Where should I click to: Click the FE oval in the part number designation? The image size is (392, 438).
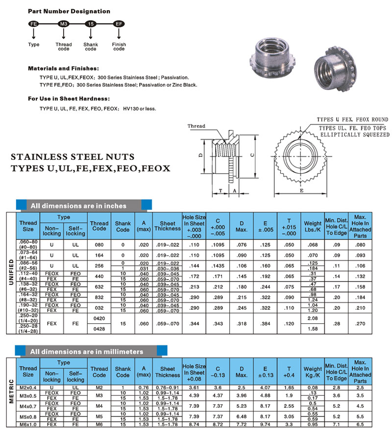(34, 24)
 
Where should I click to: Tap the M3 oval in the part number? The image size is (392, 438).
(63, 24)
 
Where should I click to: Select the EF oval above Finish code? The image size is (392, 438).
(119, 24)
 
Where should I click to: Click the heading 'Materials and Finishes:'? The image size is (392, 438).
(63, 68)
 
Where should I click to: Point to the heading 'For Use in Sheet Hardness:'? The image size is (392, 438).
(69, 99)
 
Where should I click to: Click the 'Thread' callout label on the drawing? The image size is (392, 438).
(196, 127)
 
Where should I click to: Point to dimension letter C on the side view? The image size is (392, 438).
(252, 155)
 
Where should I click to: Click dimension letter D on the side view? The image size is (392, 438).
(201, 155)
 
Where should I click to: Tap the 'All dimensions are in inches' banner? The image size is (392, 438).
(78, 206)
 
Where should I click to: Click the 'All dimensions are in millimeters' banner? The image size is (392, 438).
(86, 351)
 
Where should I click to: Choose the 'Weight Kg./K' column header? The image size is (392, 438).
(313, 372)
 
